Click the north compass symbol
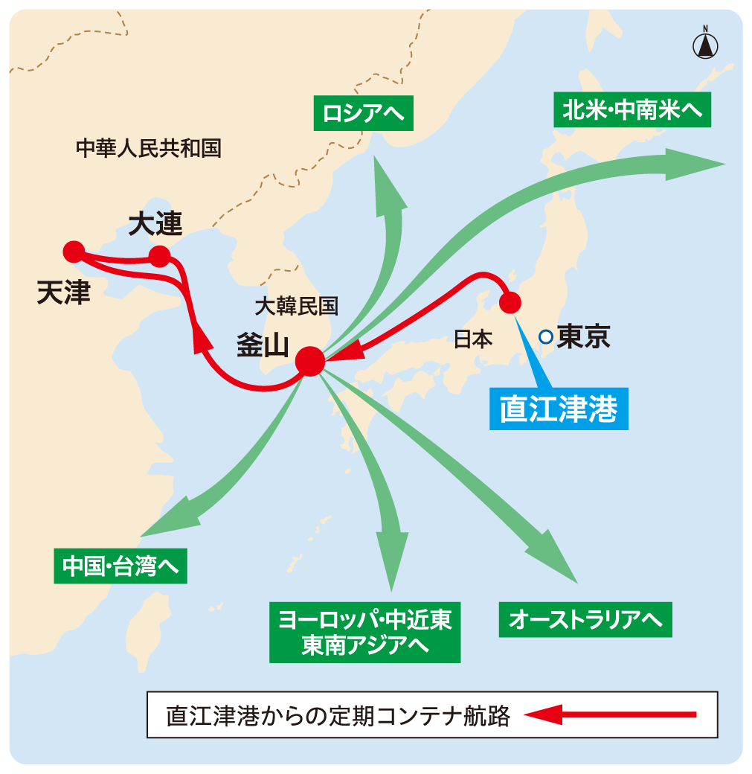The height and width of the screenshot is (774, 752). [x=705, y=44]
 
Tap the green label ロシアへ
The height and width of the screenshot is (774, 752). [x=363, y=113]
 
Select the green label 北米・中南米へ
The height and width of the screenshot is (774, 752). [x=632, y=110]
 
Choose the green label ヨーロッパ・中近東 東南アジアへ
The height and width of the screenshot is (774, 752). [x=364, y=632]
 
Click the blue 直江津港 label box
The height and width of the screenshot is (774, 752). [x=559, y=409]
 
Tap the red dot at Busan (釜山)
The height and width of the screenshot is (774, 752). [x=309, y=362]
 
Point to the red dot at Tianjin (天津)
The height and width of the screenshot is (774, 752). [x=73, y=252]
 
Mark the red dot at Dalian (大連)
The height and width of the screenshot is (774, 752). [x=159, y=257]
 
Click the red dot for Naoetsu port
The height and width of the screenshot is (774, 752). [x=510, y=302]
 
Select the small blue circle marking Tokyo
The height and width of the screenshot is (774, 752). [x=545, y=337]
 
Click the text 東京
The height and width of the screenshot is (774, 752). [x=584, y=337]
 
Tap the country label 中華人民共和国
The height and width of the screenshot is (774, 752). [x=149, y=148]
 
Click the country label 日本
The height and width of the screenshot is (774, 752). [x=473, y=339]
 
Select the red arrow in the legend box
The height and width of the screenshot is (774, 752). [x=610, y=715]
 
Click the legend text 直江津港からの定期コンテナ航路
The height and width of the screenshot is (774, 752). [x=338, y=716]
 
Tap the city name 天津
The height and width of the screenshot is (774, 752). [x=63, y=292]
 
